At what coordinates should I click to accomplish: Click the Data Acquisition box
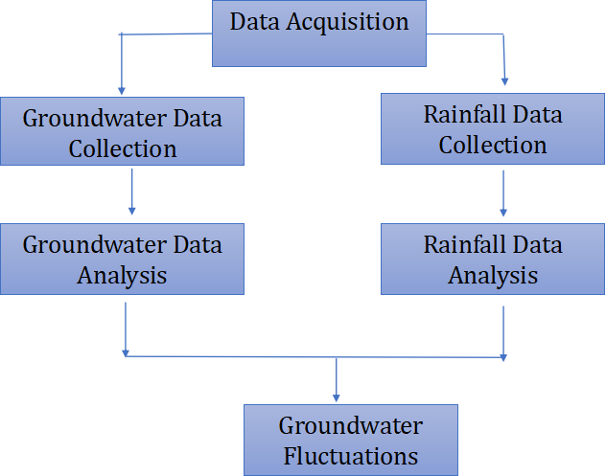pos(318,33)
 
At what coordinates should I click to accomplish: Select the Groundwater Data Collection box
pos(122,132)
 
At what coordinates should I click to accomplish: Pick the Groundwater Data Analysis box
pos(122,259)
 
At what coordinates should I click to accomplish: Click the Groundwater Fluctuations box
pos(350,439)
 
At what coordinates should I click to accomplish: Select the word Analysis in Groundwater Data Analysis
pos(122,275)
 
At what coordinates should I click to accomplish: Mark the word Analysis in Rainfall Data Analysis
pos(493,275)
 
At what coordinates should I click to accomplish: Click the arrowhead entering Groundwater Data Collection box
pos(122,91)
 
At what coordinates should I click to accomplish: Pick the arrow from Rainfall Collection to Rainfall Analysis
pos(502,193)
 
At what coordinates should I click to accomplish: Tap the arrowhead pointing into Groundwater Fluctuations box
pos(336,397)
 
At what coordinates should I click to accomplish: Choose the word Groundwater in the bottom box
pos(350,424)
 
